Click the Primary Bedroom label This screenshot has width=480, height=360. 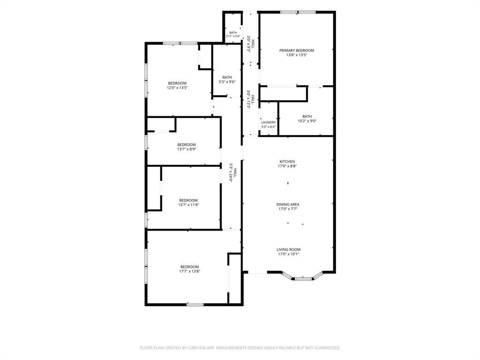coord(296,51)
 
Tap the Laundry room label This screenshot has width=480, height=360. coord(268,122)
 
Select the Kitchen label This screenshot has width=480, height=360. coord(287,162)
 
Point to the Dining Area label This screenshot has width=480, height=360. coord(288,204)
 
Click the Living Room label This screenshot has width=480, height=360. coord(288,249)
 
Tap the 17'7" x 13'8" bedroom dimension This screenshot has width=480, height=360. coord(189,271)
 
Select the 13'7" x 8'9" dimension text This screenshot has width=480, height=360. coord(187,150)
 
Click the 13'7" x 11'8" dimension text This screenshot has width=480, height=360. coord(188,205)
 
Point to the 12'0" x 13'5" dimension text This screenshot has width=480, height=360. coord(177,88)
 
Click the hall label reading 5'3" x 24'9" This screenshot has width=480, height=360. coord(233,172)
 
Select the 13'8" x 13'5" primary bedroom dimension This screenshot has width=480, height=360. coord(296,55)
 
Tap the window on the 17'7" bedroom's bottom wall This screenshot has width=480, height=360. coord(195,305)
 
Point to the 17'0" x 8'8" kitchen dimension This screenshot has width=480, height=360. coord(287,166)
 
